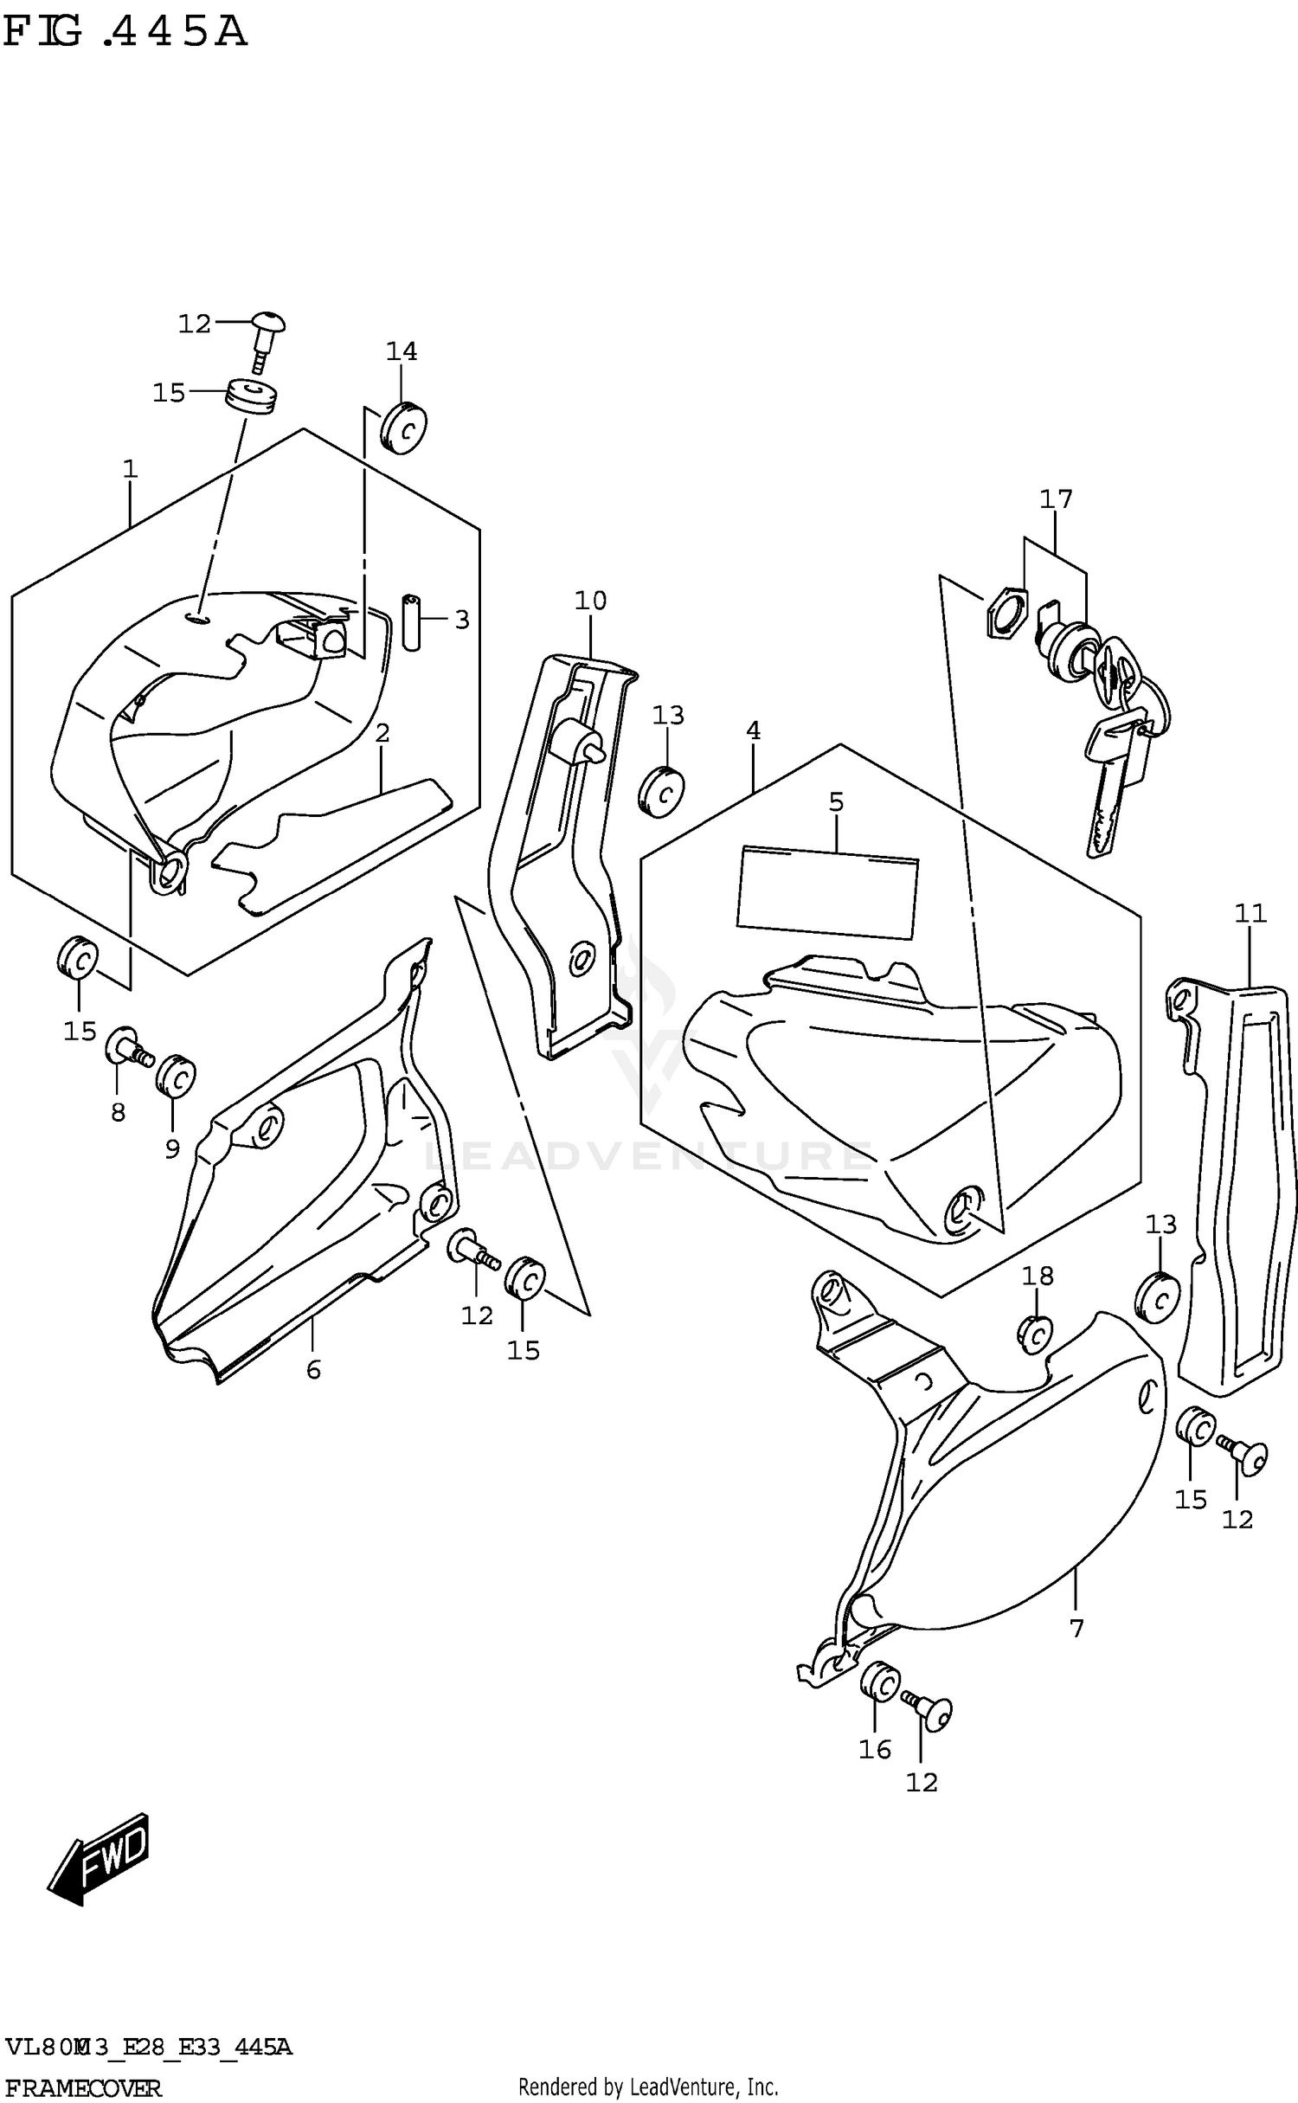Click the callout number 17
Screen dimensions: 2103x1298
coord(1056,499)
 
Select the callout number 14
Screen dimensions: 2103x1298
coord(402,351)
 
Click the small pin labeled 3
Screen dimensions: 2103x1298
coord(412,621)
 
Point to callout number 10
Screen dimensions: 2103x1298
coord(591,600)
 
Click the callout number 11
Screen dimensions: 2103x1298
coord(1250,913)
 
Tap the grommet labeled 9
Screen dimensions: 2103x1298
coord(176,1076)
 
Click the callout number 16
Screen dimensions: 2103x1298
coord(875,1749)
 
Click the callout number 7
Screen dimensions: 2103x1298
coord(1076,1629)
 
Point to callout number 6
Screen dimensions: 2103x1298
coord(313,1369)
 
